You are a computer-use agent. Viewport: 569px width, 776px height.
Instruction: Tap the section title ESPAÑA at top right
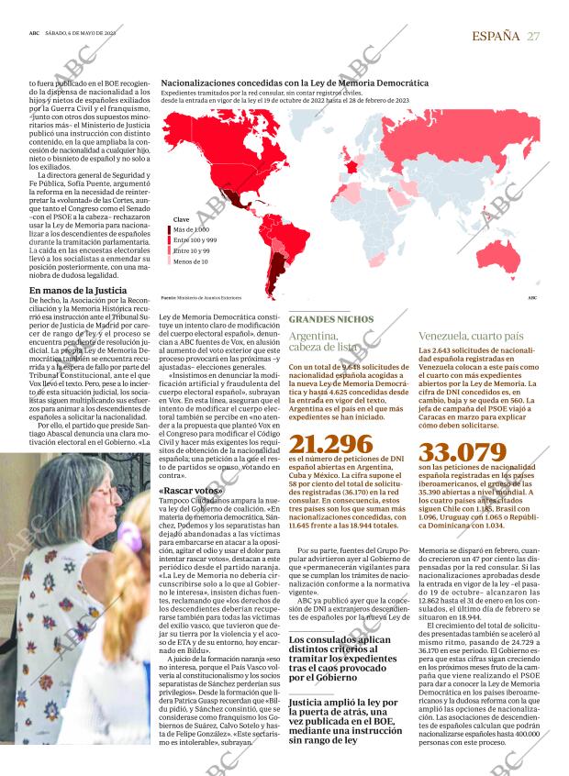click(x=496, y=35)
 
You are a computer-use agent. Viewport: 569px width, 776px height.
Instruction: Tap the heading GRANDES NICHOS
click(x=331, y=318)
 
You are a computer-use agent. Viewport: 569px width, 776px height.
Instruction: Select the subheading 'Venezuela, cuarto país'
click(x=471, y=336)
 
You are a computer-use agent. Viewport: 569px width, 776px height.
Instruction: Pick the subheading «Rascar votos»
click(x=190, y=490)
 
